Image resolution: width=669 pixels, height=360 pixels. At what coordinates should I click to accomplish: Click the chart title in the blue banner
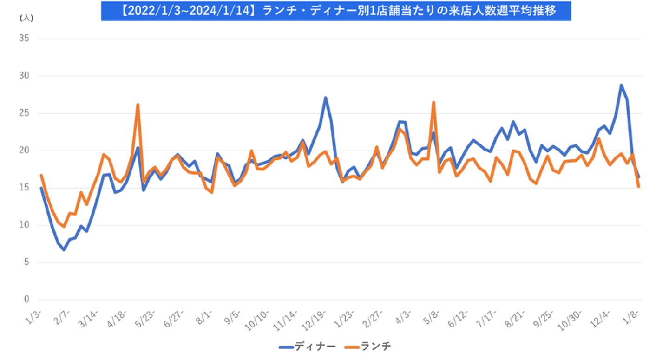tap(335, 10)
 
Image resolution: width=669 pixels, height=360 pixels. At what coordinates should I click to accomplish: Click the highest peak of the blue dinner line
tap(621, 85)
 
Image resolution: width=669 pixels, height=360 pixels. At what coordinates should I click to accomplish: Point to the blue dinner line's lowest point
tap(64, 250)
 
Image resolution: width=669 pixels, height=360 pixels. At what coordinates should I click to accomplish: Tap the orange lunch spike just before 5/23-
tap(138, 105)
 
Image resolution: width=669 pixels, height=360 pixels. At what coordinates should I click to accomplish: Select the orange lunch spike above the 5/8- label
tap(433, 102)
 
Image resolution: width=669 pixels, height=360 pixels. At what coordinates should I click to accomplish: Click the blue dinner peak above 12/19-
tap(326, 98)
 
